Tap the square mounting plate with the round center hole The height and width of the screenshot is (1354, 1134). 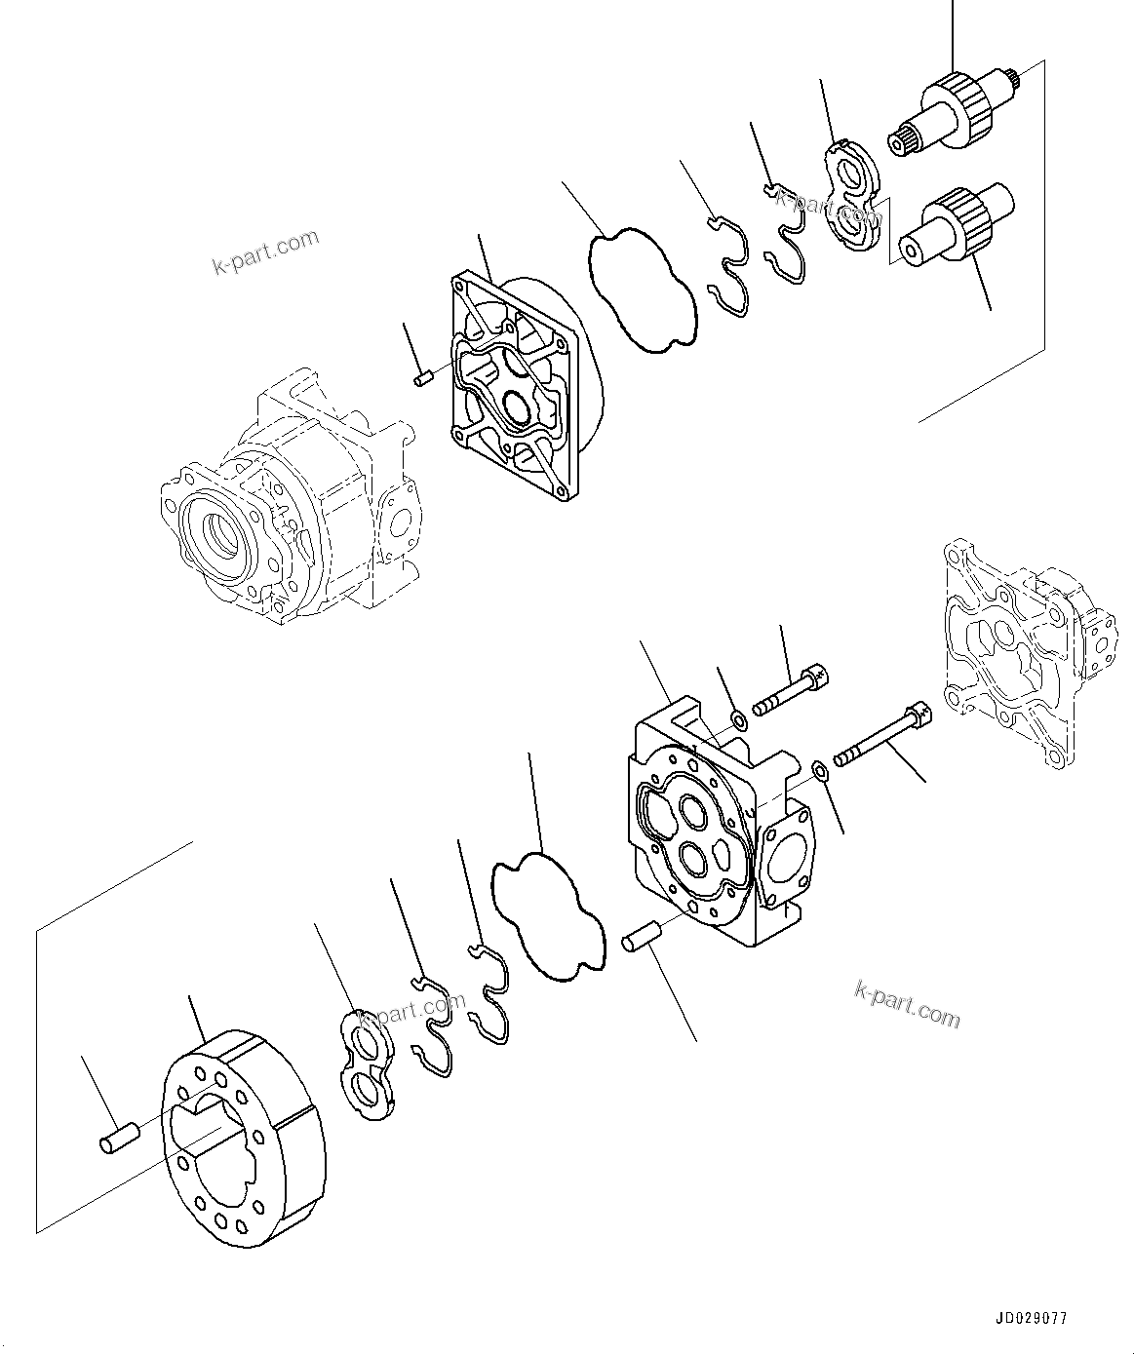pyautogui.click(x=516, y=381)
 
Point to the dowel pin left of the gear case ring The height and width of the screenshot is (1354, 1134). pyautogui.click(x=120, y=1138)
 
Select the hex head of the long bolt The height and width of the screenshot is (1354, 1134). pyautogui.click(x=919, y=713)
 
